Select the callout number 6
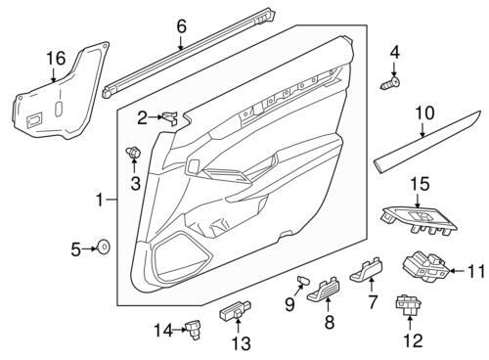click(x=181, y=26)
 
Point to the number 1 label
click(x=99, y=201)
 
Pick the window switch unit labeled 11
click(x=427, y=265)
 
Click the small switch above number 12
click(x=406, y=305)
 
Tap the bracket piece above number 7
click(x=369, y=267)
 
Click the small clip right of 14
click(x=196, y=331)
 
